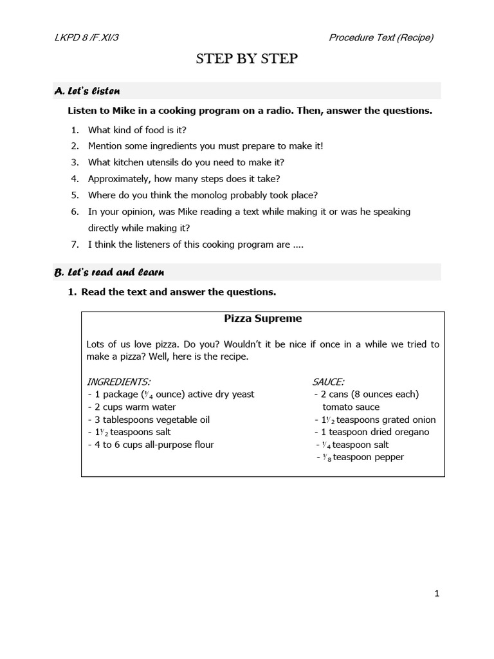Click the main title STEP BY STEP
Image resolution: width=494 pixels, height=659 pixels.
pyautogui.click(x=247, y=59)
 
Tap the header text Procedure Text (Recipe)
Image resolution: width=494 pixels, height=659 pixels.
pyautogui.click(x=381, y=37)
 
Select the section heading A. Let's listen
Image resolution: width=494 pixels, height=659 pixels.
pyautogui.click(x=87, y=91)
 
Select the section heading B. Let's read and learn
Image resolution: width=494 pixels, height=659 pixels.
pyautogui.click(x=109, y=272)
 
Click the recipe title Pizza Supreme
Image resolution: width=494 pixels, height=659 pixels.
pyautogui.click(x=262, y=319)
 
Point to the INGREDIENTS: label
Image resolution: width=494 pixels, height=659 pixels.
pyautogui.click(x=118, y=382)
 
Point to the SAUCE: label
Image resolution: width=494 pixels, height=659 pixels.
pyautogui.click(x=328, y=382)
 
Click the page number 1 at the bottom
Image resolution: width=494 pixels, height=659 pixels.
pyautogui.click(x=437, y=594)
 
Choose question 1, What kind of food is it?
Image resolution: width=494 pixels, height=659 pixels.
pyautogui.click(x=137, y=129)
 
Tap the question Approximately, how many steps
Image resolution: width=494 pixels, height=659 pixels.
pyautogui.click(x=184, y=179)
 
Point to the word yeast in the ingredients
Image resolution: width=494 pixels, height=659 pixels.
pyautogui.click(x=242, y=394)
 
